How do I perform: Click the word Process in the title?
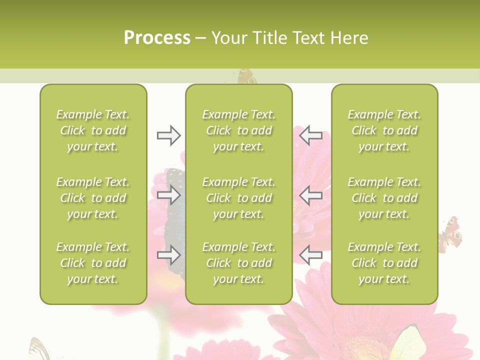click(x=157, y=38)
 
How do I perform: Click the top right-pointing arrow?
click(x=168, y=135)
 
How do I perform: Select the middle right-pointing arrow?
click(x=168, y=195)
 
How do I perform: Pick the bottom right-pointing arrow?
click(x=168, y=255)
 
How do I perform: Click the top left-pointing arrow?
click(x=310, y=135)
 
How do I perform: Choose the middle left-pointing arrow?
click(x=310, y=195)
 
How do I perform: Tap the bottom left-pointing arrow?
click(x=310, y=255)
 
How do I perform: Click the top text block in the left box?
click(x=93, y=130)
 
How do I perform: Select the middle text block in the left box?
click(x=93, y=198)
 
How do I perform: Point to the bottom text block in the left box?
click(x=93, y=263)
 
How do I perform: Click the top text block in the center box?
click(x=239, y=130)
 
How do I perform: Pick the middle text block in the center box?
click(x=239, y=198)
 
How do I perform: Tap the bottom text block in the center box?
click(x=239, y=263)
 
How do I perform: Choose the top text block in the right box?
click(x=384, y=130)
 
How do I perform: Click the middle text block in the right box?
click(x=384, y=198)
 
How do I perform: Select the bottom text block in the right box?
click(x=384, y=263)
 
